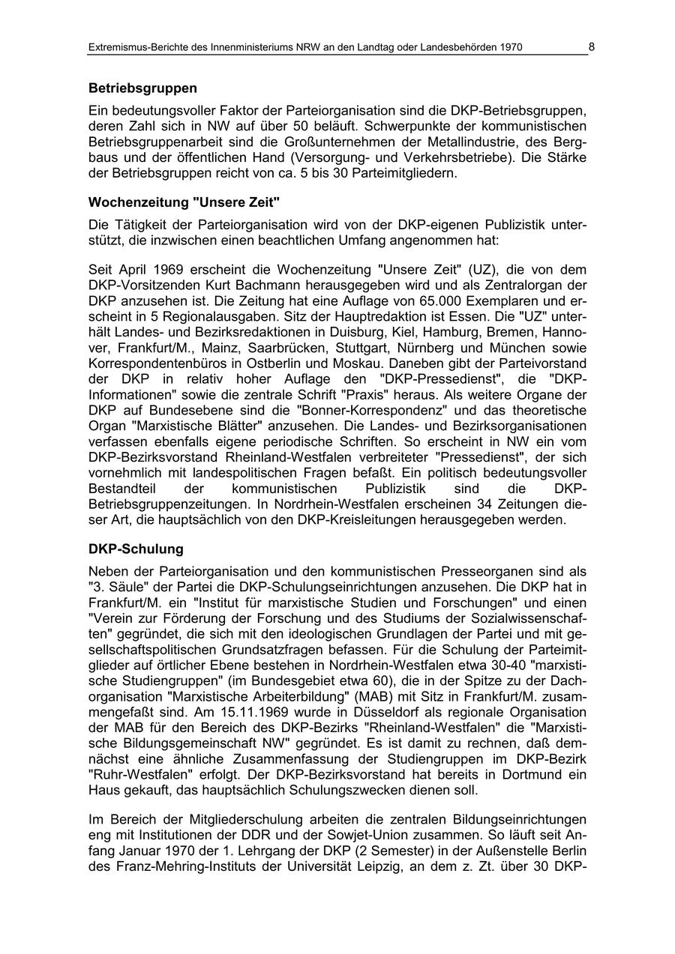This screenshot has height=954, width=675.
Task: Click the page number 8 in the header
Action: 591,46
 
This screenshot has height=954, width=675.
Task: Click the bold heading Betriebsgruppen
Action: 142,88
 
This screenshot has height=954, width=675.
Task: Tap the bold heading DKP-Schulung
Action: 136,549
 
